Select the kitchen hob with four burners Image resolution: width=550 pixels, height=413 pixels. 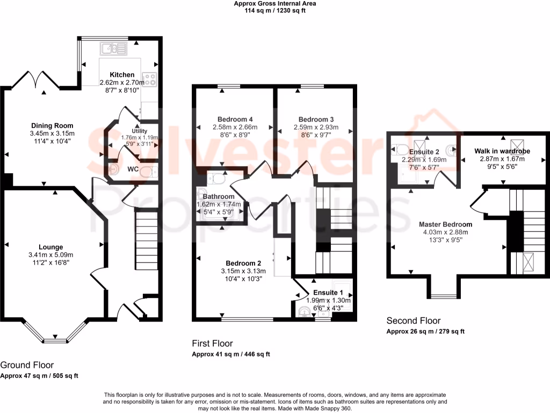coord(149,80)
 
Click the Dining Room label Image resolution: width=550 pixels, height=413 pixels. coord(52,126)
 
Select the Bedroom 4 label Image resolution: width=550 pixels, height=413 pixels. coord(235,119)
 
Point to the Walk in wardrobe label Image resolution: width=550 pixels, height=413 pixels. coord(502,151)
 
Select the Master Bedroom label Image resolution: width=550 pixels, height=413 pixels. coord(445,225)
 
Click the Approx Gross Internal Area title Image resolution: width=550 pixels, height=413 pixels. coord(274,3)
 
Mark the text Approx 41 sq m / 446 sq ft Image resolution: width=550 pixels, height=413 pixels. coord(230,354)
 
